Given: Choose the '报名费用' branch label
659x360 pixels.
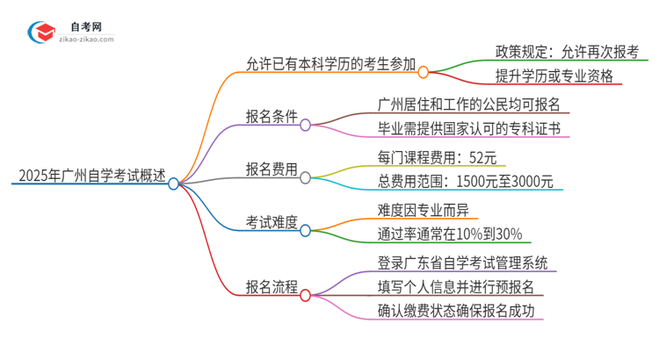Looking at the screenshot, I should [x=272, y=169].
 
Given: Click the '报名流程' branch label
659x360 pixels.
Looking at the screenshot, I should [x=272, y=286].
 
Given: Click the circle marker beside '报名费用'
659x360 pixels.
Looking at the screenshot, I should [x=305, y=177].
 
